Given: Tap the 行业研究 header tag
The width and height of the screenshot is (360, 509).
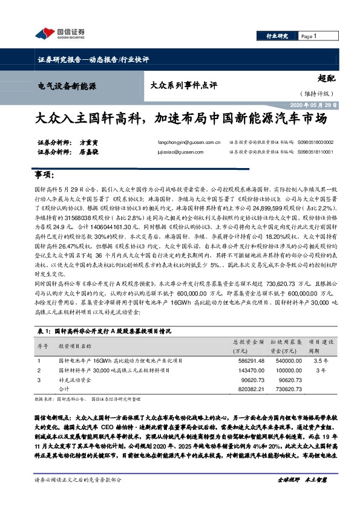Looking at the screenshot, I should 278,36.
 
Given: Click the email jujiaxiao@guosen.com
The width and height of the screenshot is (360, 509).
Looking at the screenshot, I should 180,153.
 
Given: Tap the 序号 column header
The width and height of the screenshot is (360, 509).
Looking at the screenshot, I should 42,346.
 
